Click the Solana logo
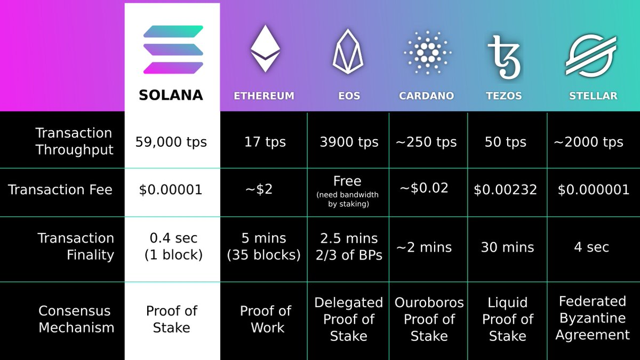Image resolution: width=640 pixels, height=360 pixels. pos(173,49)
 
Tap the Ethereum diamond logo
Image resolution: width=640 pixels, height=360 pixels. pos(265,49)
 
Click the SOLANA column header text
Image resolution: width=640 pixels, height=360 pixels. pos(171,95)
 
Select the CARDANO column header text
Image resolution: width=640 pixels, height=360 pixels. pos(426,96)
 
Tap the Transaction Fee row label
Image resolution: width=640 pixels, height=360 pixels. pos(60,189)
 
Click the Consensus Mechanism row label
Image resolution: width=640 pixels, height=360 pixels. pos(76,319)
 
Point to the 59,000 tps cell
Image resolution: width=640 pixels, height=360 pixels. pos(171,142)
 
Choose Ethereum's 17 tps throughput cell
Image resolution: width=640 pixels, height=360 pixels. pos(265,142)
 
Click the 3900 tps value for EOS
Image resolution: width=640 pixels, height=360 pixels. pos(349,142)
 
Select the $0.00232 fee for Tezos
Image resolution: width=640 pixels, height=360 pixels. pos(506,190)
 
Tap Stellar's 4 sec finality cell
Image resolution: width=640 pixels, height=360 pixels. pos(591,247)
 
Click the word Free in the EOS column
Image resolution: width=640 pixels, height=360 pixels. pos(347,181)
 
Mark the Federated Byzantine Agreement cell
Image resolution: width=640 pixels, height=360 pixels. pos(592,318)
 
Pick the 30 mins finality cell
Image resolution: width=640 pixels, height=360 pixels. pos(507,247)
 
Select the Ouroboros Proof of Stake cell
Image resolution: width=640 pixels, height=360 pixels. pos(429,319)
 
